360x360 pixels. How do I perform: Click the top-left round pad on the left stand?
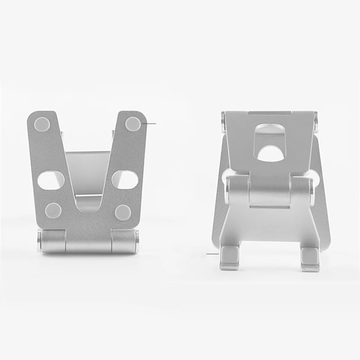(x=42, y=123)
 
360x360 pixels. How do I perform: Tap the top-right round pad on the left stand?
(x=133, y=123)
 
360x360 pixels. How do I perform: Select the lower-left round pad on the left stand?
(x=54, y=210)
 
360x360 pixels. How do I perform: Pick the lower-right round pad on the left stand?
(x=122, y=211)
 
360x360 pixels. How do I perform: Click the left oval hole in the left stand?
(x=50, y=180)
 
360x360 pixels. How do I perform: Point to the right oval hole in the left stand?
(x=125, y=180)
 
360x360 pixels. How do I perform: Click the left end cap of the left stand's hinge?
(x=40, y=240)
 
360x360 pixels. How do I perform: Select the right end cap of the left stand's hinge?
(x=136, y=240)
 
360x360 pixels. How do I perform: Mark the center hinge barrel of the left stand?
(x=88, y=242)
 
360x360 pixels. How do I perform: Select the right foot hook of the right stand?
(x=310, y=259)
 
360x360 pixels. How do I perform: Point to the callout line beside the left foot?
(x=212, y=254)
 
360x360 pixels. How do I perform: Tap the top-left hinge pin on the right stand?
(x=223, y=121)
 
